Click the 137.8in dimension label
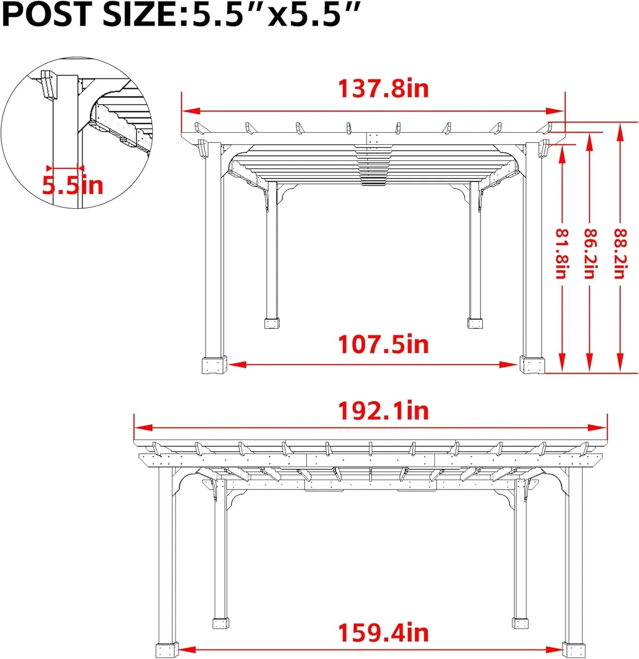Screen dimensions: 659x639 pos(383,88)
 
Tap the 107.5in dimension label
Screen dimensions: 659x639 pos(383,344)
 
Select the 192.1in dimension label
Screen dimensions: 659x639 pos(383,411)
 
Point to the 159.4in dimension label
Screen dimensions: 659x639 pos(383,633)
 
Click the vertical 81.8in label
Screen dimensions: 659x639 pos(562,253)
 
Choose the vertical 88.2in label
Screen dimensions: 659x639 pos(620,253)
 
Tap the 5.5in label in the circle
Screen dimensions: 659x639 pos(73,185)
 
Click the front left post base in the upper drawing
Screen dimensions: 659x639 pos(214,365)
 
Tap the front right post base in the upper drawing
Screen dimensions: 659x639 pos(532,365)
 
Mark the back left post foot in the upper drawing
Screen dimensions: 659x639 pos(272,323)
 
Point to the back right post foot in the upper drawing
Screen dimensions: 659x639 pos(474,323)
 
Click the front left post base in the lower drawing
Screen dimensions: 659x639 pos(167,650)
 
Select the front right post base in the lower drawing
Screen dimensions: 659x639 pos(574,650)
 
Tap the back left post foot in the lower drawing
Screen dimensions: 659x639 pos(221,623)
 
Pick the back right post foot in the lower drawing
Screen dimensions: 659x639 pos(520,623)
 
